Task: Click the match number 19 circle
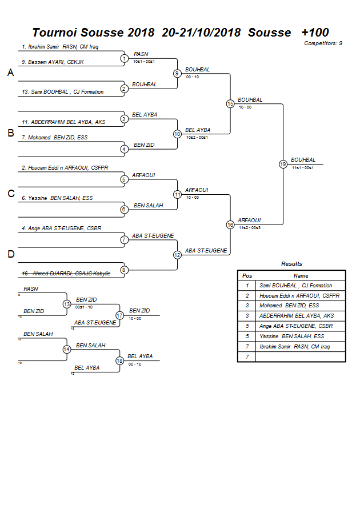pyautogui.click(x=283, y=164)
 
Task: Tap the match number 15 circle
pyautogui.click(x=230, y=103)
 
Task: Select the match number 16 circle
pyautogui.click(x=230, y=225)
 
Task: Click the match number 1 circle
pyautogui.click(x=124, y=58)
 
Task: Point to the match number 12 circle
pyautogui.click(x=177, y=255)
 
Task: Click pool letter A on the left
pyautogui.click(x=10, y=73)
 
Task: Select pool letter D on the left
pyautogui.click(x=10, y=255)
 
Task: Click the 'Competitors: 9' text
pyautogui.click(x=323, y=43)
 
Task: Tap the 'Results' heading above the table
pyautogui.click(x=291, y=264)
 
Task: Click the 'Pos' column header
pyautogui.click(x=247, y=275)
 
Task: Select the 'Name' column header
pyautogui.click(x=301, y=275)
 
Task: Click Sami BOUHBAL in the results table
pyautogui.click(x=295, y=286)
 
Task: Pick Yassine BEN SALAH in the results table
pyautogui.click(x=291, y=336)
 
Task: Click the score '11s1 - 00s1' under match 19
pyautogui.click(x=302, y=167)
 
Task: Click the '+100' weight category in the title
pyautogui.click(x=315, y=33)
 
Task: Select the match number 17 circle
pyautogui.click(x=119, y=315)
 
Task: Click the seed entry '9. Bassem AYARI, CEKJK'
pyautogui.click(x=53, y=62)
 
